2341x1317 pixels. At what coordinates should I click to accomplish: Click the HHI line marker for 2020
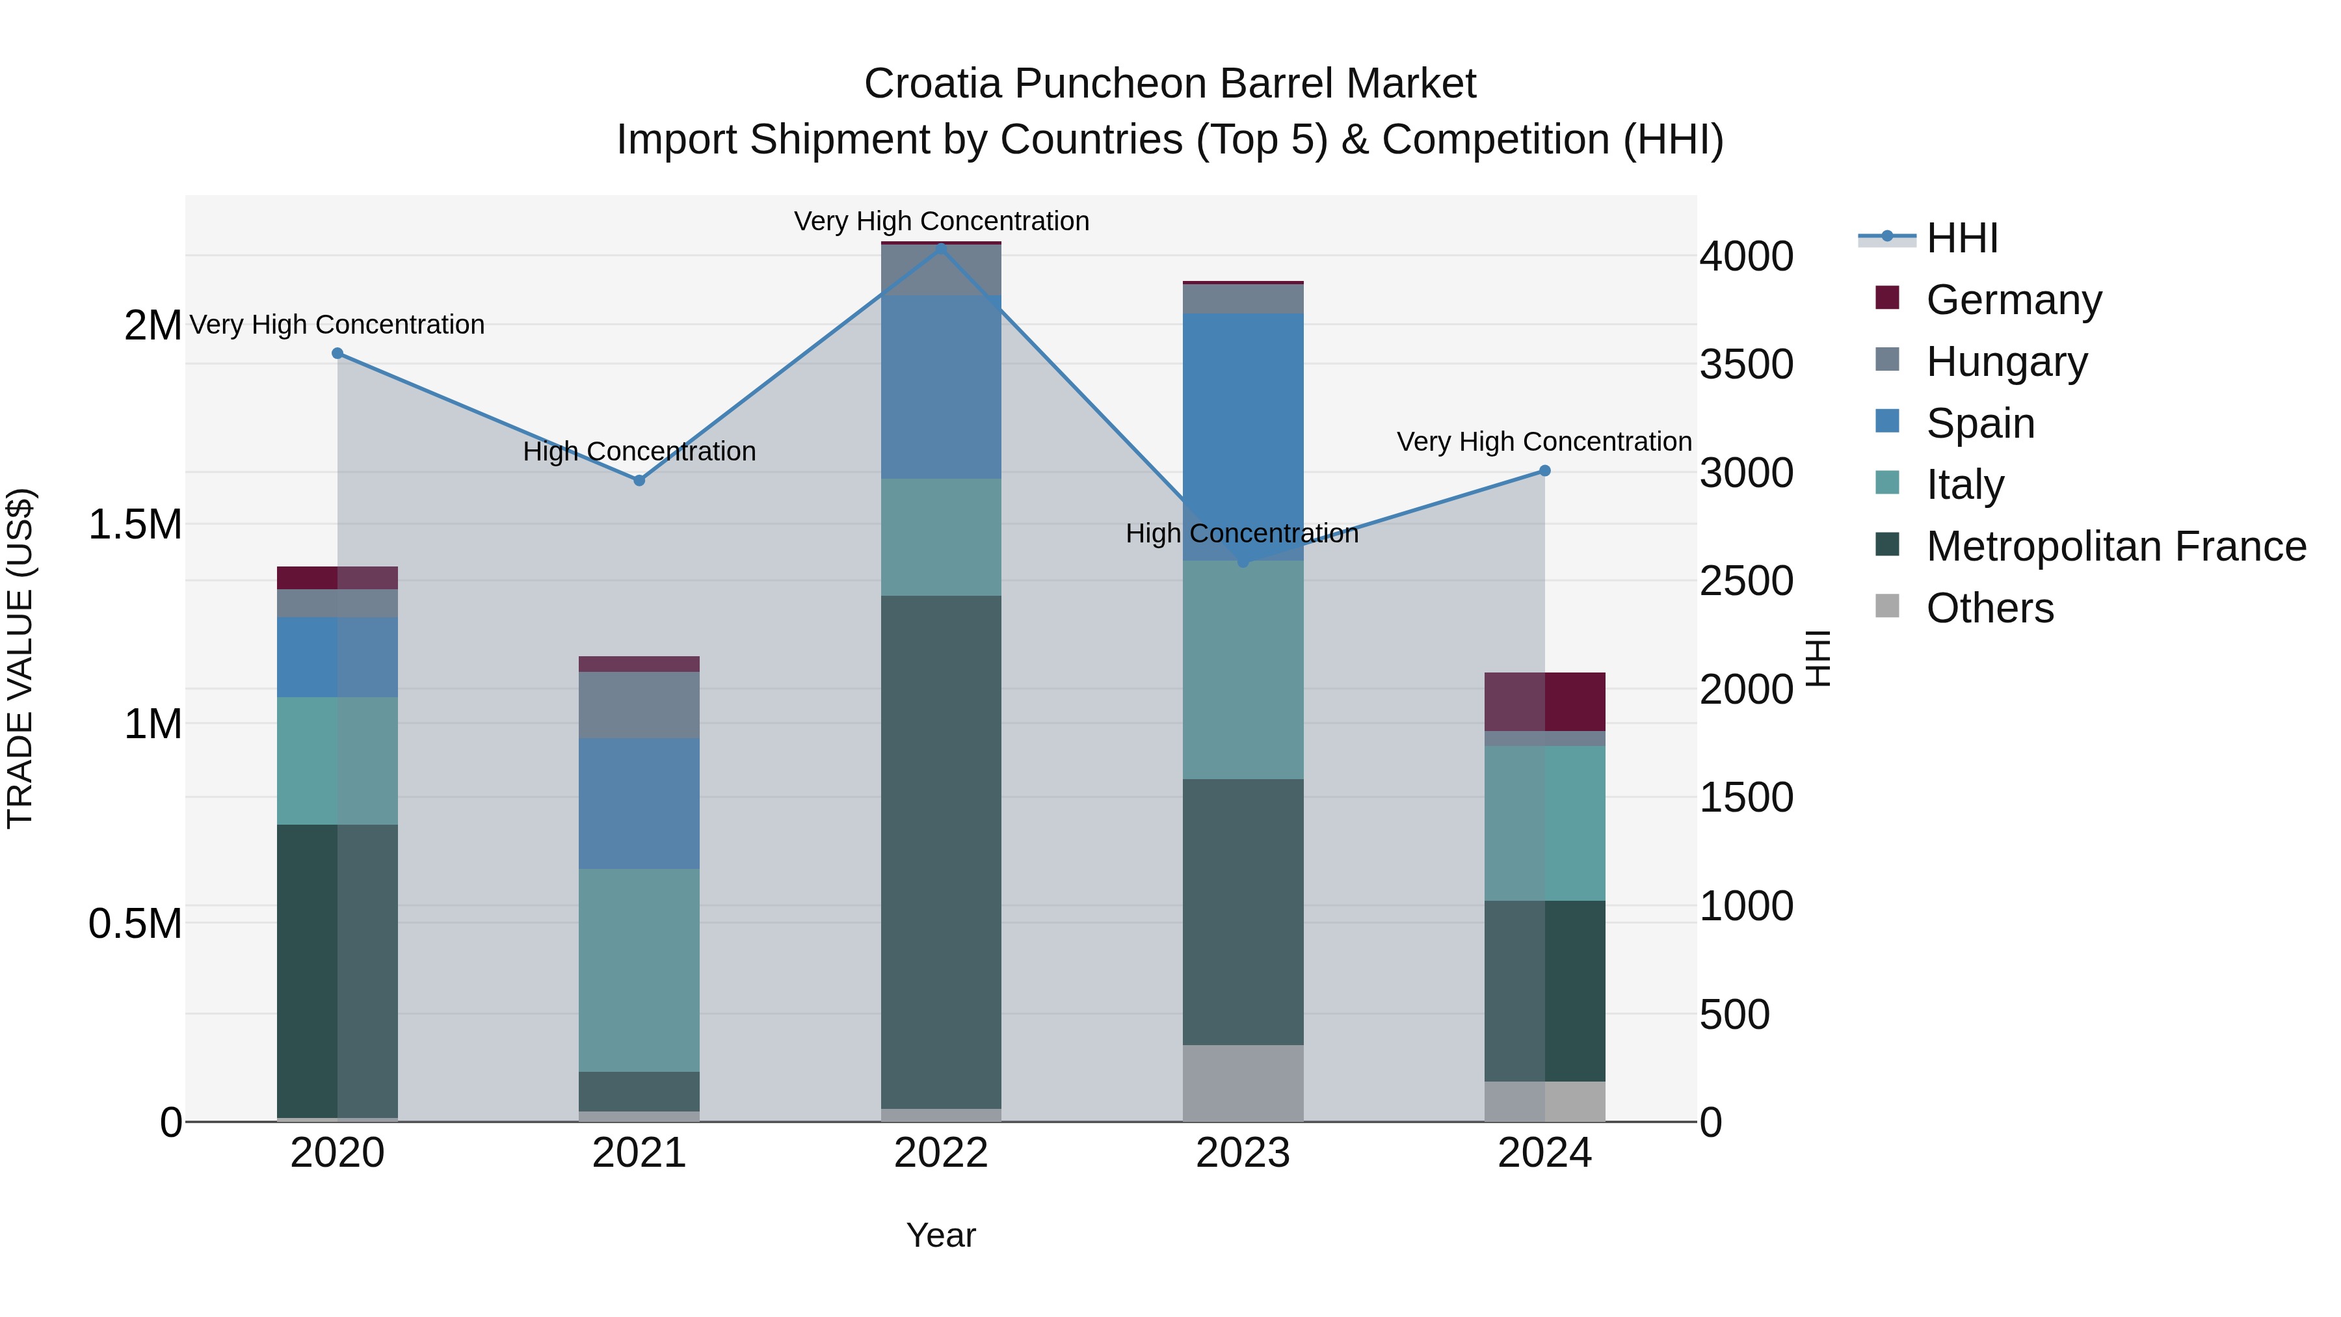[x=337, y=354]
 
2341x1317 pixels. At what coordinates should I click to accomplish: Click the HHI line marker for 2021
[x=639, y=481]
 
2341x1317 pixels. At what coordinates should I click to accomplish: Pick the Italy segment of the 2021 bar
[x=639, y=970]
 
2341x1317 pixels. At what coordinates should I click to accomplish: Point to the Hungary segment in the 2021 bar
[x=639, y=704]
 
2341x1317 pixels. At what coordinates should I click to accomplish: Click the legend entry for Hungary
[x=2005, y=362]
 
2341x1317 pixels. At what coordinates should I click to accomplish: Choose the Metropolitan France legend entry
[x=2115, y=546]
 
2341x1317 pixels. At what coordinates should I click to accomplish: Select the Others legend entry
[x=1989, y=608]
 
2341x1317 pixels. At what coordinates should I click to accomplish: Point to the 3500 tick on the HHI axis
[x=1746, y=364]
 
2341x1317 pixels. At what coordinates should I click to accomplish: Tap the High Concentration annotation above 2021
[x=639, y=452]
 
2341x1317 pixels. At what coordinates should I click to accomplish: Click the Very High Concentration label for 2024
[x=1543, y=442]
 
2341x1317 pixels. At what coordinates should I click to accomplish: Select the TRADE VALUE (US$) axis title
[x=20, y=658]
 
